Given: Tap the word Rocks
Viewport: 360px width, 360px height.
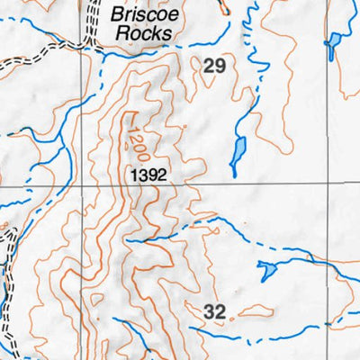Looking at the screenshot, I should pyautogui.click(x=141, y=34).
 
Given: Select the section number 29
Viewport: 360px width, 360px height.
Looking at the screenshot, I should pyautogui.click(x=214, y=65).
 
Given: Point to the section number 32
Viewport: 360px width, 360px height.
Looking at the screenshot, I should pyautogui.click(x=214, y=312).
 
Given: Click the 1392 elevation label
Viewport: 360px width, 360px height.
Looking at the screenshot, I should pyautogui.click(x=148, y=175).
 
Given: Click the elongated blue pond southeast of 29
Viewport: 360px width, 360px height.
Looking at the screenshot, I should pyautogui.click(x=238, y=152).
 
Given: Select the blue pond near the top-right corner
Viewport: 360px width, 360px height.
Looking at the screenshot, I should pyautogui.click(x=334, y=43).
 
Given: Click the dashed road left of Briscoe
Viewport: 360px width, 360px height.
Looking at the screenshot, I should pyautogui.click(x=91, y=22).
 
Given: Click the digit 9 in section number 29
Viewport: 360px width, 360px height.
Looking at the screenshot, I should pyautogui.click(x=220, y=65).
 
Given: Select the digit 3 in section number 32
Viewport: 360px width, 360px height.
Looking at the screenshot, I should pyautogui.click(x=209, y=312).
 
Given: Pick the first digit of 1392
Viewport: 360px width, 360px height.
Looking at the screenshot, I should pyautogui.click(x=131, y=175).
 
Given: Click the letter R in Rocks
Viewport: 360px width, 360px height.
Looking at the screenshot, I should pyautogui.click(x=122, y=34).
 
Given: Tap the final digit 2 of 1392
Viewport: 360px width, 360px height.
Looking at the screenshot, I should pyautogui.click(x=163, y=175).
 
